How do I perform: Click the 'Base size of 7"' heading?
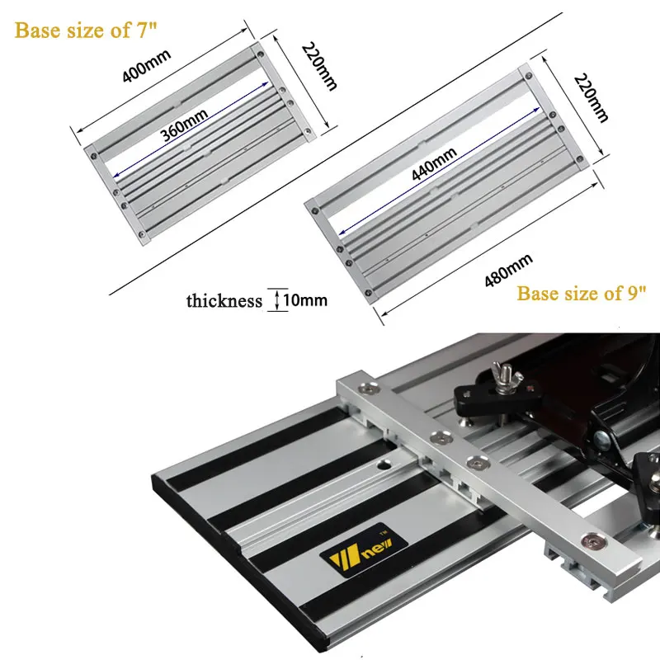click(x=86, y=31)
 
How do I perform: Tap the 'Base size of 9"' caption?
click(x=582, y=294)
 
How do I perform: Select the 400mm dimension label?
click(x=147, y=66)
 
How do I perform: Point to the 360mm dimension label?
click(x=184, y=125)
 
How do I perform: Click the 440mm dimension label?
click(x=434, y=164)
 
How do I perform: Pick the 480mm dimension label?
click(x=509, y=271)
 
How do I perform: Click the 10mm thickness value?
click(x=305, y=300)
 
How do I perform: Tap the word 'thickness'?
click(x=224, y=301)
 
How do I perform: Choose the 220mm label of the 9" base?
click(x=591, y=98)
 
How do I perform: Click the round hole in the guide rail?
click(x=384, y=465)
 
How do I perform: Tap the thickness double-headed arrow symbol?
click(x=277, y=300)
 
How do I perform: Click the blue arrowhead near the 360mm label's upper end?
click(x=264, y=84)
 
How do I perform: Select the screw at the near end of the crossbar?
click(x=593, y=541)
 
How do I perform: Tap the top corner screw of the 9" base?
click(x=528, y=76)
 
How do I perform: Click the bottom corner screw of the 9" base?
click(x=368, y=293)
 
